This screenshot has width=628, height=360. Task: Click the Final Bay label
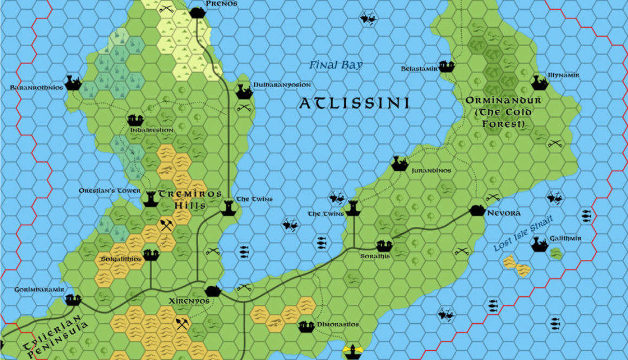pos(336,66)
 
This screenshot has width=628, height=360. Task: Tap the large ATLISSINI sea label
pos(354,103)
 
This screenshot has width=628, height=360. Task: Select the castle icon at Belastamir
pos(446,67)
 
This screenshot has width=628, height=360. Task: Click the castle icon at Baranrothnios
pos(73,83)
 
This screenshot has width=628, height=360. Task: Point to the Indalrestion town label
pos(152,130)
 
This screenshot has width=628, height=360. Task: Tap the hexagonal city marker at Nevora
pos(477,210)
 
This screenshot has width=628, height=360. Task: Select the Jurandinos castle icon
pos(400,163)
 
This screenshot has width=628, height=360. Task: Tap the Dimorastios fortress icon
pos(306,326)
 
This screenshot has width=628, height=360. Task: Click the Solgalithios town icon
pos(151,253)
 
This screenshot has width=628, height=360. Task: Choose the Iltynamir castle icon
pos(539,83)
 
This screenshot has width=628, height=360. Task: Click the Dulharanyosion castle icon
pos(244,91)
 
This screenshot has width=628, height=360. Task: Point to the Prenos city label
pos(221,4)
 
